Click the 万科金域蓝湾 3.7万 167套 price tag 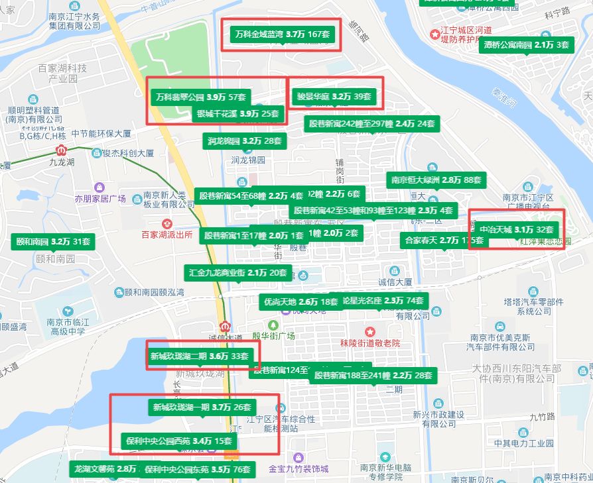283,34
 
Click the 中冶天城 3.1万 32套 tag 516,229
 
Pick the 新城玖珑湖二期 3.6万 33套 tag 198,356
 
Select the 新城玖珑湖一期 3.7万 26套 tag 201,407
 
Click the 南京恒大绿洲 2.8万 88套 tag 436,180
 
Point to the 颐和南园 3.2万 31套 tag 52,241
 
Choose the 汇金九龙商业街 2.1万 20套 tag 237,272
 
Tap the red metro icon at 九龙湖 62,150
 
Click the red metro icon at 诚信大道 226,326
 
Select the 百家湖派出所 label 167,234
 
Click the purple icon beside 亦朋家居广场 99,187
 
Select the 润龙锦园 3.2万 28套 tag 243,141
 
